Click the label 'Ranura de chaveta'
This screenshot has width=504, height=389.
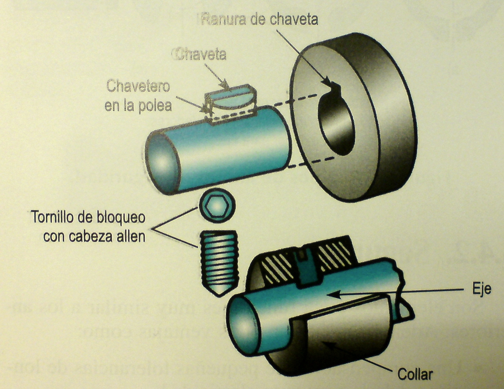(x=259, y=19)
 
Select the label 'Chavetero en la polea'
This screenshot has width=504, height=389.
(x=138, y=96)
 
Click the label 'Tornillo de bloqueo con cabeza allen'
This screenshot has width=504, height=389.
(x=88, y=227)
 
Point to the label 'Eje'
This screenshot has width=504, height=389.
(x=481, y=289)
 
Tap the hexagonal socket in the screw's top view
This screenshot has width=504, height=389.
(x=217, y=205)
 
